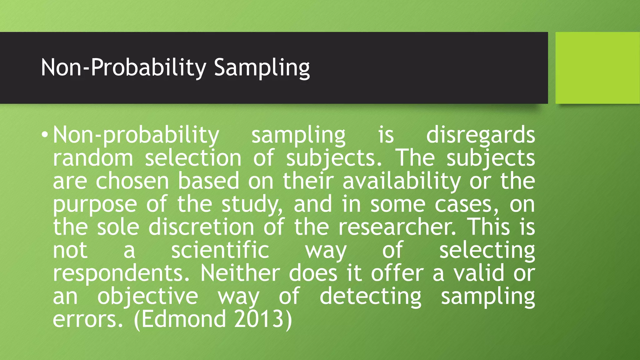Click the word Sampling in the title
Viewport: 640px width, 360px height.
(x=262, y=68)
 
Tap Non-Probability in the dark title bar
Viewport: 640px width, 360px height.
(x=123, y=68)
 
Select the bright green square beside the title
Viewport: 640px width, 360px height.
(x=597, y=68)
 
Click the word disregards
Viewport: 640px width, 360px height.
(x=480, y=135)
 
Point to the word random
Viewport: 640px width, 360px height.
(x=93, y=158)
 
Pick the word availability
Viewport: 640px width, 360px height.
(x=402, y=181)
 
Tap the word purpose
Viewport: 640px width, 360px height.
(x=95, y=204)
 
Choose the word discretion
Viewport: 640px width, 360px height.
(x=201, y=227)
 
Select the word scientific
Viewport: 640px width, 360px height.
(x=220, y=250)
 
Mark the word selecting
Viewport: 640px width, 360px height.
(x=487, y=250)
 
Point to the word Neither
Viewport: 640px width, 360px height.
(x=240, y=273)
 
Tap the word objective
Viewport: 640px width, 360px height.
(x=147, y=296)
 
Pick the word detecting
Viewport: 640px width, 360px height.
(x=370, y=296)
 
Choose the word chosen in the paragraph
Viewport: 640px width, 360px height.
(x=132, y=181)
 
